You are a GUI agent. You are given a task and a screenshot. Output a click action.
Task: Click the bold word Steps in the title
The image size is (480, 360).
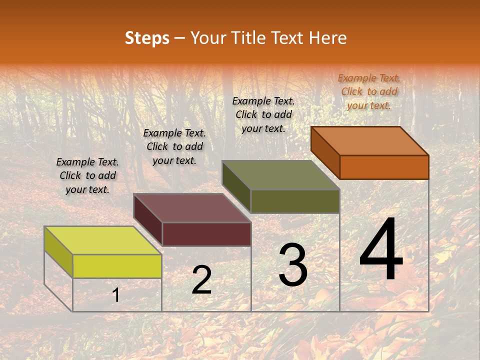(x=147, y=38)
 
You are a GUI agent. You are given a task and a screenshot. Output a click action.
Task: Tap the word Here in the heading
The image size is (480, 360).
(x=327, y=38)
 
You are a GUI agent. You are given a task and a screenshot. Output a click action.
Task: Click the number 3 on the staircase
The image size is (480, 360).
(x=293, y=265)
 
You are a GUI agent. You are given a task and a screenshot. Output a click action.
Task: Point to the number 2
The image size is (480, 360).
(x=201, y=280)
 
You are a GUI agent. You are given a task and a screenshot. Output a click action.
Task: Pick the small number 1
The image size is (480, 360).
(x=116, y=295)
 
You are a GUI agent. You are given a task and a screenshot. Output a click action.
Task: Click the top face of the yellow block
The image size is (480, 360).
(x=103, y=240)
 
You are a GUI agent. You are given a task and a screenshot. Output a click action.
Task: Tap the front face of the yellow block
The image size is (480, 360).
(x=117, y=266)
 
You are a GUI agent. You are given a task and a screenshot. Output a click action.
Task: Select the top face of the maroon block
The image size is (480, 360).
(x=192, y=208)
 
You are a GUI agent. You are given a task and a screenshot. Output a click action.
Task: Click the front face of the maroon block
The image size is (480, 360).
(x=206, y=234)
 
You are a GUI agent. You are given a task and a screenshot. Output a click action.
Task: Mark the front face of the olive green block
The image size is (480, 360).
(x=295, y=201)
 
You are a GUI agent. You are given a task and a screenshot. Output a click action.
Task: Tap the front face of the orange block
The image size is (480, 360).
(x=384, y=167)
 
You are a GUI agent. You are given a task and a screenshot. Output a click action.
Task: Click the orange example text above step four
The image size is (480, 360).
(x=369, y=91)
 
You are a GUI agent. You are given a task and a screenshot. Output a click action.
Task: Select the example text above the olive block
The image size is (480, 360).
(x=263, y=114)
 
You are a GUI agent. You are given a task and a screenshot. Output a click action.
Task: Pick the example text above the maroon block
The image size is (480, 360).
(x=174, y=146)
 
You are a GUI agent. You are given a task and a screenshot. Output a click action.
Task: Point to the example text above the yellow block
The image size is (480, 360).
(x=87, y=175)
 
